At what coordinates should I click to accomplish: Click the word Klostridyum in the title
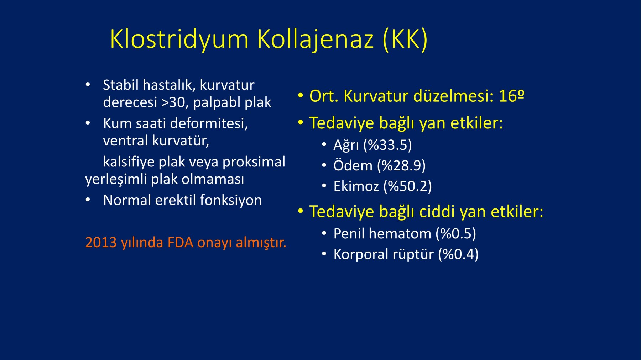179,39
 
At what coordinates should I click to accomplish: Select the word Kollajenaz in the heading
315,39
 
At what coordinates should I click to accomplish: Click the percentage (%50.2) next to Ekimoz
407,186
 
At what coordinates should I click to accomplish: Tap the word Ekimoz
356,186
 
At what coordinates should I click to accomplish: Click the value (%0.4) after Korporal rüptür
458,254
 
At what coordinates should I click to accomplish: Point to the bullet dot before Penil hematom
324,234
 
